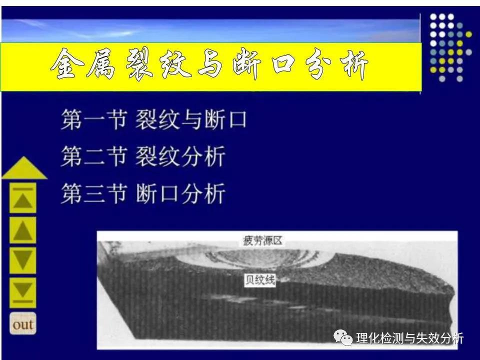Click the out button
23,323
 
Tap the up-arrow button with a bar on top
23,200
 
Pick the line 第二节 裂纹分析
143,156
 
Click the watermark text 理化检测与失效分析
410,338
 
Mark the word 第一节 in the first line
93,120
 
